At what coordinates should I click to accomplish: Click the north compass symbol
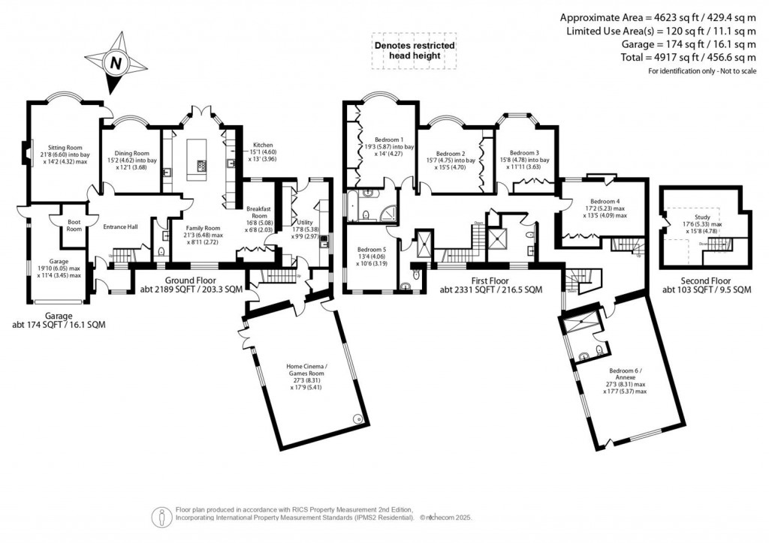click(116, 63)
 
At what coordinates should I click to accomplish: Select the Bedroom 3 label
click(523, 152)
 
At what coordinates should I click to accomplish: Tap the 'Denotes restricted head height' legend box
click(415, 49)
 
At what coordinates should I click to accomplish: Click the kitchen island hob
click(202, 165)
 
